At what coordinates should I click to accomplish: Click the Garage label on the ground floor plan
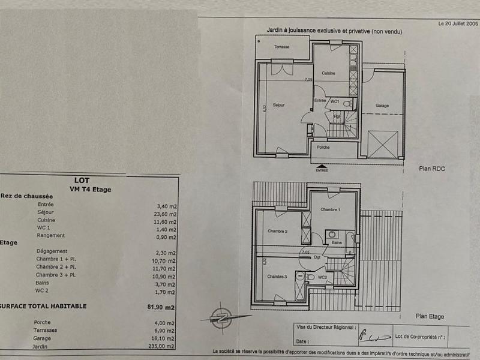click(382, 106)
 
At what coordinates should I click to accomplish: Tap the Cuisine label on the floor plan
click(328, 73)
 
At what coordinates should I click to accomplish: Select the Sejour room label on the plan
click(278, 105)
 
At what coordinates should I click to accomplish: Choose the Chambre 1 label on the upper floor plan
click(330, 209)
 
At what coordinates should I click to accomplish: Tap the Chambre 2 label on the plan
click(278, 231)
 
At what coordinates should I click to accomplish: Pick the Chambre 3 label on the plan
click(277, 277)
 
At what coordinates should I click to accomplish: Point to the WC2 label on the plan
click(322, 277)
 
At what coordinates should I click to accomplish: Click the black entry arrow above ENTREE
click(322, 166)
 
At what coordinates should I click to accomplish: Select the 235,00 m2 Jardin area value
click(163, 346)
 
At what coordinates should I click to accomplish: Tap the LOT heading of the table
click(82, 179)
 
